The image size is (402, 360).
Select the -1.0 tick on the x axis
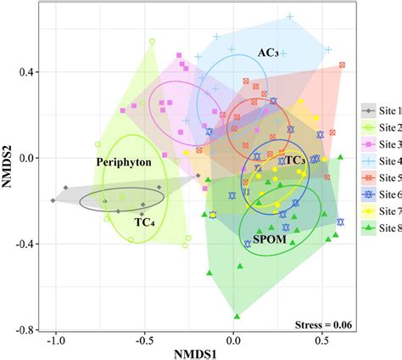pos(55,340)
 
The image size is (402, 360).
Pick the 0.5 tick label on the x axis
pos(321,340)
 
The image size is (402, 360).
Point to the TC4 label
pos(144,222)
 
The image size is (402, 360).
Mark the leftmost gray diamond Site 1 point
pos(53,200)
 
